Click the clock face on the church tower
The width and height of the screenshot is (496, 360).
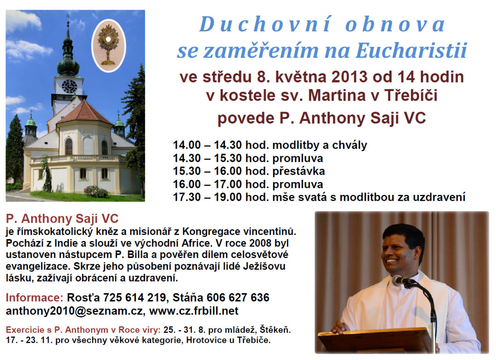(x=69, y=86)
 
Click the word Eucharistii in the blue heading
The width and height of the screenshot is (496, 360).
(x=412, y=51)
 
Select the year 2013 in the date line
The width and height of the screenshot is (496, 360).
(x=350, y=77)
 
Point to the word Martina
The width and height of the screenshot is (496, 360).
(x=337, y=95)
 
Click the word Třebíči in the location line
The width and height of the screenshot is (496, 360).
(x=411, y=95)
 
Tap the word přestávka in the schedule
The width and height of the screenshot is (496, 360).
(x=298, y=171)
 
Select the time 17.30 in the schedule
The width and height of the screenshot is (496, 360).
(x=187, y=197)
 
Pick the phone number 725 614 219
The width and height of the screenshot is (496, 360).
(x=134, y=297)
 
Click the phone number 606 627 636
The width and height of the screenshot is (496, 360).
(x=238, y=297)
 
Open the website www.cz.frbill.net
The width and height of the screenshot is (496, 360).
(x=194, y=311)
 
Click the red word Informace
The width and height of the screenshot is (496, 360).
(x=34, y=297)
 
